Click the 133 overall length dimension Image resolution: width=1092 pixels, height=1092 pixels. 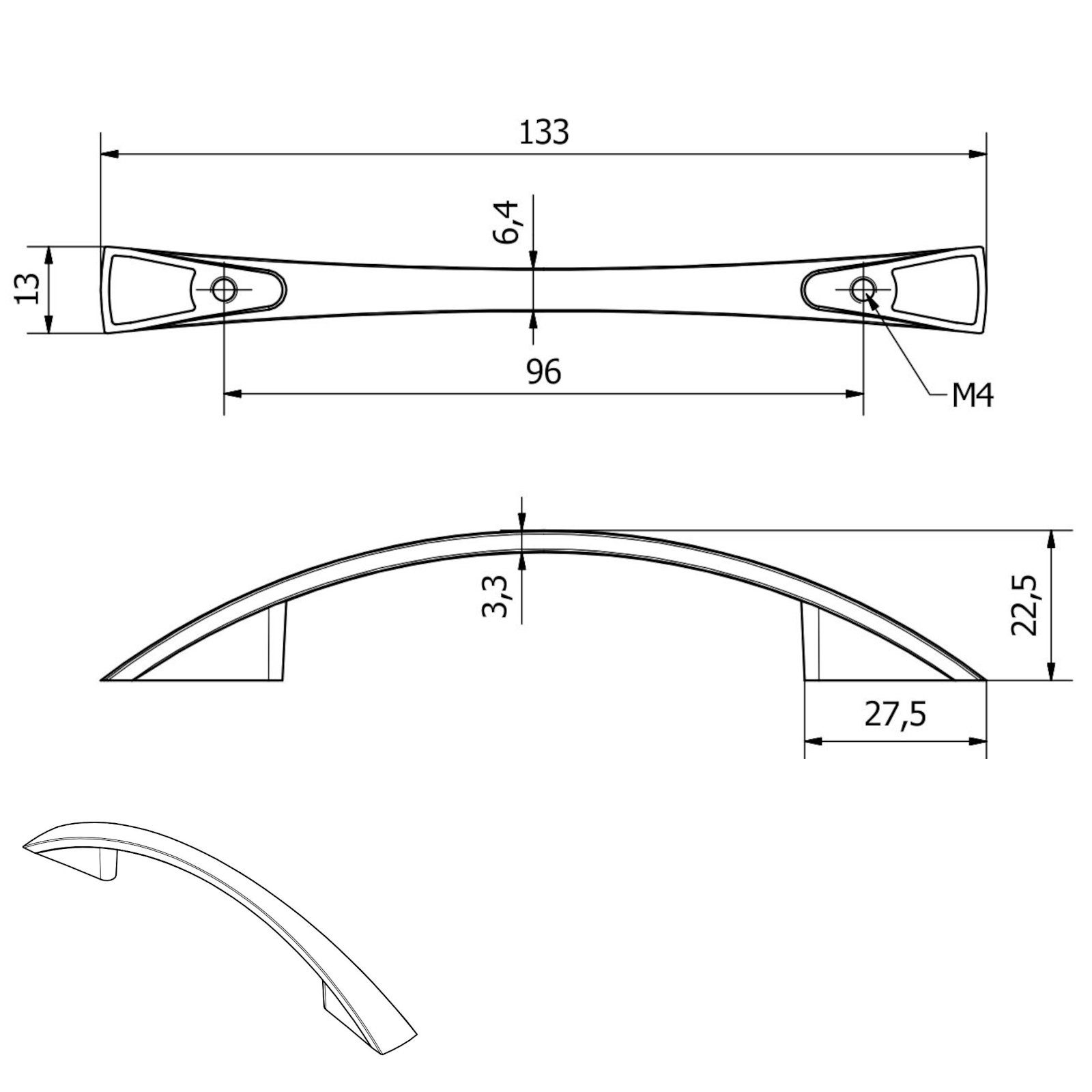coord(544,132)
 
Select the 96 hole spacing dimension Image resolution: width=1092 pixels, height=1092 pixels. coord(544,372)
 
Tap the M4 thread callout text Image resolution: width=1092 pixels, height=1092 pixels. coord(972,396)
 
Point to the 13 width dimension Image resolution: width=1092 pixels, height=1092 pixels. coord(25,290)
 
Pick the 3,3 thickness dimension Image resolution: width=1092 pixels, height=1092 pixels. coord(495,596)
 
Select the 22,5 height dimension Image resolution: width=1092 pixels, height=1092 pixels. coord(1024,605)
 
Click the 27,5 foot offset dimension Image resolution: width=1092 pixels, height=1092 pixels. coord(895,715)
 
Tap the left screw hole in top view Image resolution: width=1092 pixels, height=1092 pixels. coord(223,290)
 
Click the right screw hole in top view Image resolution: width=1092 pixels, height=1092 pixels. coord(863,290)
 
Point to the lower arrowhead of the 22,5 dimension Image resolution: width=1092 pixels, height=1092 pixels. coord(1052,672)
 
